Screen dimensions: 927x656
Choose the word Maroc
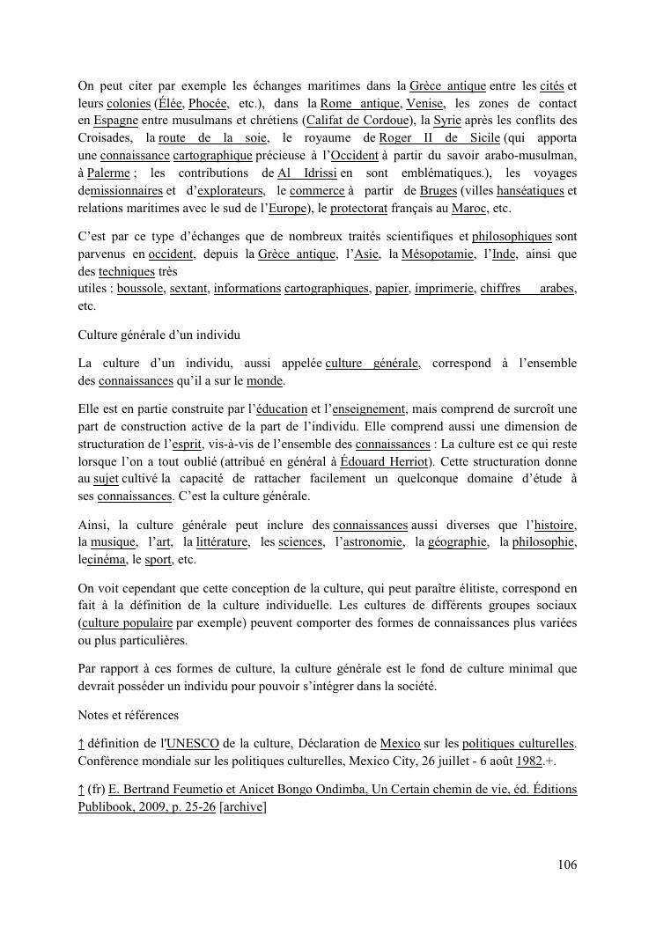tap(467, 209)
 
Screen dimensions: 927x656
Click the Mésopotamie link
tap(439, 254)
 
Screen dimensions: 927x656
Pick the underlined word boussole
tap(140, 289)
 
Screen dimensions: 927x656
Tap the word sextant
tap(188, 289)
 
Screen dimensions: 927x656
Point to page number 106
tap(567, 865)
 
